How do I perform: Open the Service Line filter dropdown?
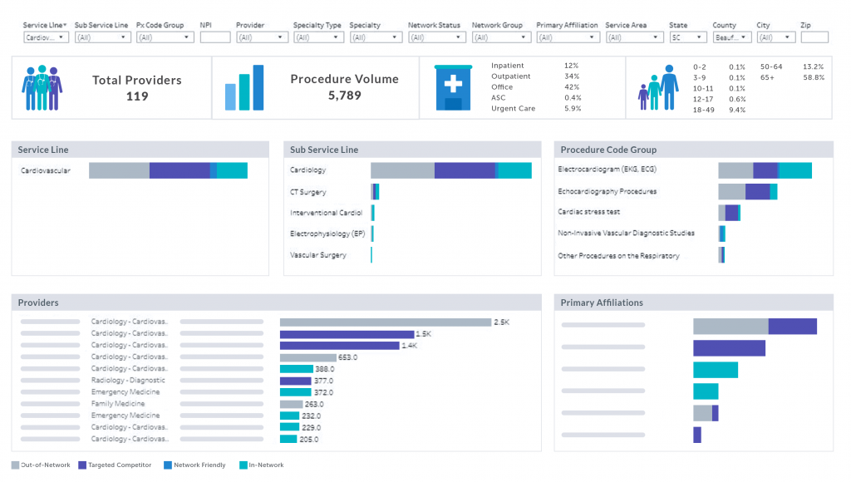pos(46,37)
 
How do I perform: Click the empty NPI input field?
pos(215,37)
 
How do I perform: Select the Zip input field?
pos(814,37)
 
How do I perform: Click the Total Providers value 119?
pos(137,96)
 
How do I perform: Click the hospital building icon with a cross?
pos(453,87)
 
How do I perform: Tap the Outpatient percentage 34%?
pos(572,76)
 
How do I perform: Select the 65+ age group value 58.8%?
pos(814,77)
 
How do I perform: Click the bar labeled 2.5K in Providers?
pos(386,322)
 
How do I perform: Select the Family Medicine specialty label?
pos(118,404)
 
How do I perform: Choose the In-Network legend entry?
pos(261,465)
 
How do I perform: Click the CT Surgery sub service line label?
pos(307,192)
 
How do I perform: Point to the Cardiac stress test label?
pos(588,212)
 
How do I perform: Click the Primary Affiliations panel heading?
pos(602,302)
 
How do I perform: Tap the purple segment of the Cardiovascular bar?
pos(180,170)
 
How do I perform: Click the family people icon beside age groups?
pos(658,87)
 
